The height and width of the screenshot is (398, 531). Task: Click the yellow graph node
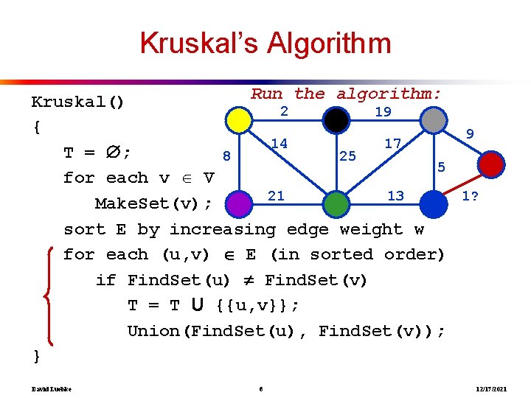click(x=238, y=119)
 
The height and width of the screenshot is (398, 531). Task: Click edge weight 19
click(x=383, y=112)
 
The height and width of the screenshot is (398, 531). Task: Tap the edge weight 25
click(x=347, y=156)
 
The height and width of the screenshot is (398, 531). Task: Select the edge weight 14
click(x=279, y=143)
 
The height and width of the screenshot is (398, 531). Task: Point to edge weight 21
click(x=276, y=195)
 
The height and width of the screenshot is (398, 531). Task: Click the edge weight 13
click(x=395, y=195)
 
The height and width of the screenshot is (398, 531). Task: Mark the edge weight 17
click(x=392, y=143)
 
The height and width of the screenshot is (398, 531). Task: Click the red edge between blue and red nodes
click(x=463, y=183)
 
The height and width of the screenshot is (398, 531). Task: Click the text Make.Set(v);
click(x=153, y=203)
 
